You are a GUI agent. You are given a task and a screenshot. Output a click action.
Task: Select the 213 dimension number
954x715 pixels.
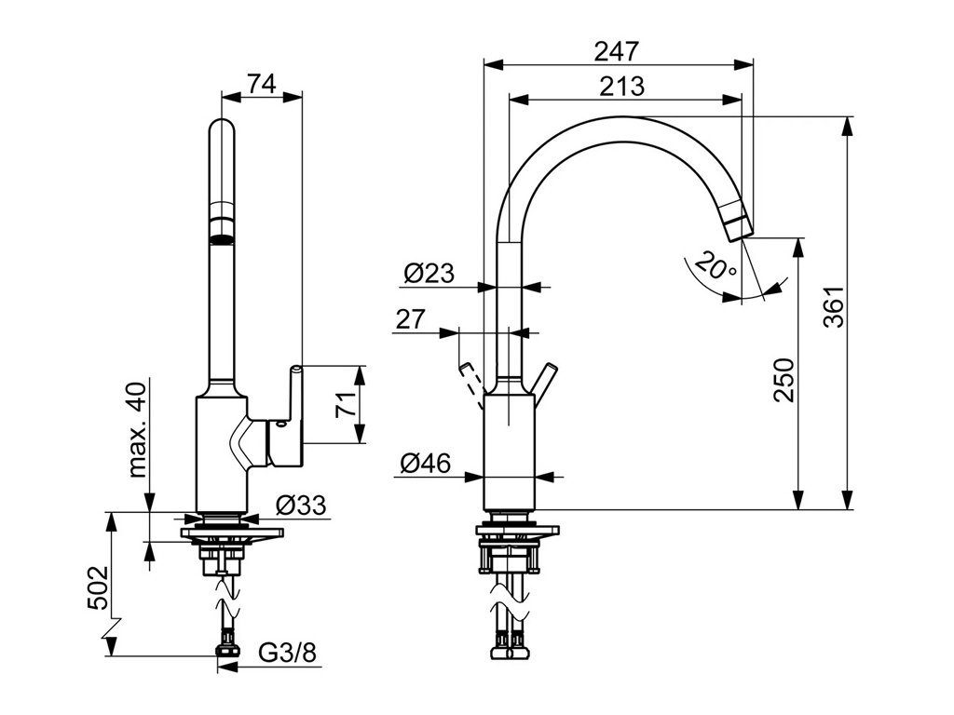pyautogui.click(x=620, y=87)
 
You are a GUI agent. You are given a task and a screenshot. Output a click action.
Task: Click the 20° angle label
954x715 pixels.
pyautogui.click(x=715, y=269)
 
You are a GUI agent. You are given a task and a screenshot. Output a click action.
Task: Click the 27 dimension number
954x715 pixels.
pyautogui.click(x=410, y=319)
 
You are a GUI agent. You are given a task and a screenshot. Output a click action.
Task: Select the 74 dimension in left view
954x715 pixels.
pyautogui.click(x=262, y=83)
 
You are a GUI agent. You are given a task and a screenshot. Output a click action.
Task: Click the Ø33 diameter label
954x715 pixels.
pyautogui.click(x=301, y=506)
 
